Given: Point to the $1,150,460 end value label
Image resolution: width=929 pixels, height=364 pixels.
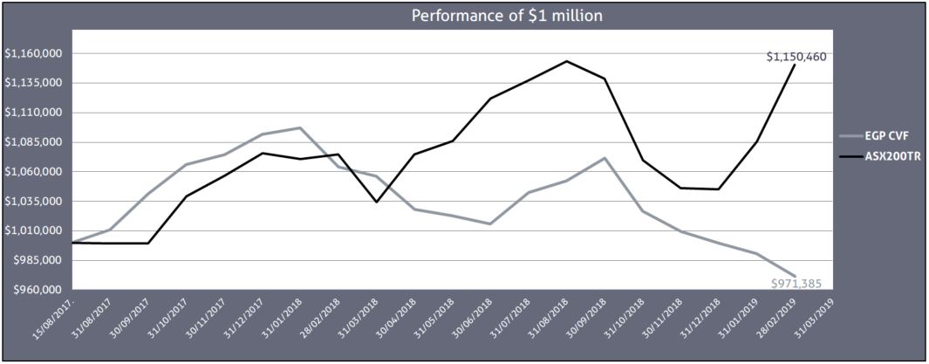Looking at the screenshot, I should point(796,57).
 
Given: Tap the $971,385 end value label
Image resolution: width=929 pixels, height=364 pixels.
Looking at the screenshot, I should point(796,284).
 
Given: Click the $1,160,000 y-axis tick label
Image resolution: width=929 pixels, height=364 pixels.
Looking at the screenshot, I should point(32,54).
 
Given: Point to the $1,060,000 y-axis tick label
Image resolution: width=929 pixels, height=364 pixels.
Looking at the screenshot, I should point(32,172).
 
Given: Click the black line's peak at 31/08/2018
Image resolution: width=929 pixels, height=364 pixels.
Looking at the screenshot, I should point(567,61).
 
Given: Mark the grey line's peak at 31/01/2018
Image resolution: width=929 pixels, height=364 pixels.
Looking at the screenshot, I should point(300,127).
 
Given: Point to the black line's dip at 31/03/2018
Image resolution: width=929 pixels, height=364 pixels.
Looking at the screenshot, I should point(376,202).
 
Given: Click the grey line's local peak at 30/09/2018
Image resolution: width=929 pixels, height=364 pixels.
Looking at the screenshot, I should point(605,158).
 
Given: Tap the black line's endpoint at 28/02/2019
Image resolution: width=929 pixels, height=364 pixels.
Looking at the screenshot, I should point(795,65).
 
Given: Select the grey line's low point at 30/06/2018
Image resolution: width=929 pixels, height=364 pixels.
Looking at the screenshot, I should point(490,224).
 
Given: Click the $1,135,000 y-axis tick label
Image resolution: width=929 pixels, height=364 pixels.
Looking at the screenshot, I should point(32,84).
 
